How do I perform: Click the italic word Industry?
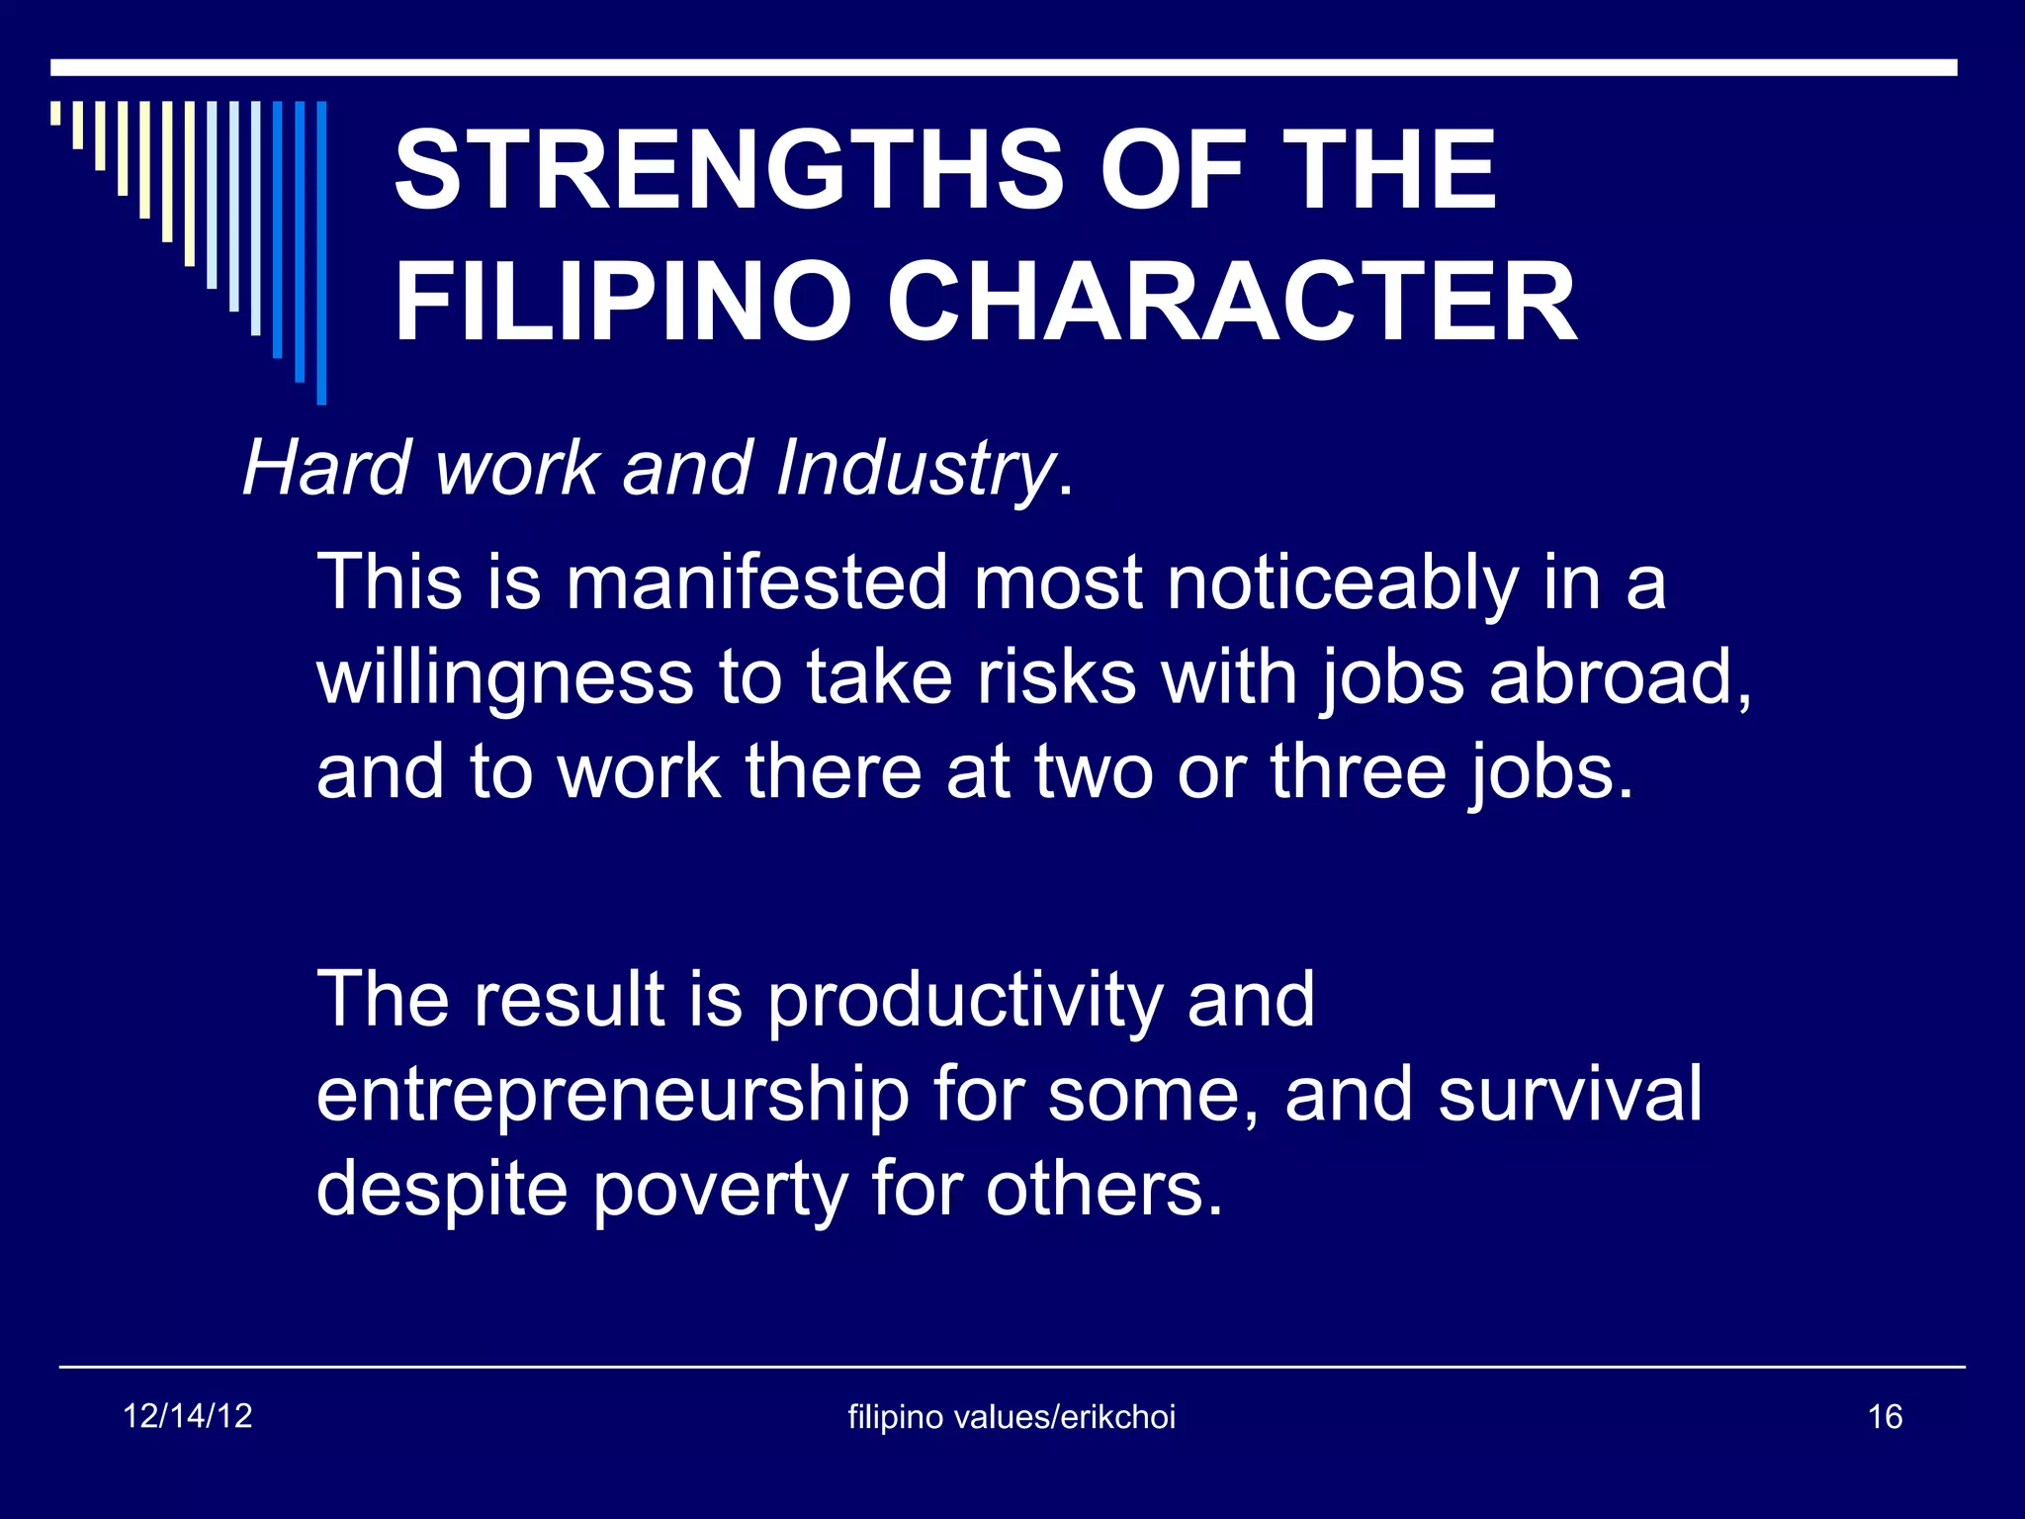click(915, 469)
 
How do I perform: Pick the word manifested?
click(757, 582)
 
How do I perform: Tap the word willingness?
click(505, 680)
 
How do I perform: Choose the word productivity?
click(965, 1002)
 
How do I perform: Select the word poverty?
click(719, 1191)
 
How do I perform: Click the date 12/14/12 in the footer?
click(188, 1416)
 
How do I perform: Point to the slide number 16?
click(1885, 1417)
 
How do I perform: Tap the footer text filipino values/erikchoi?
click(1012, 1417)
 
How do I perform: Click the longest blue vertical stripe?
click(321, 253)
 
